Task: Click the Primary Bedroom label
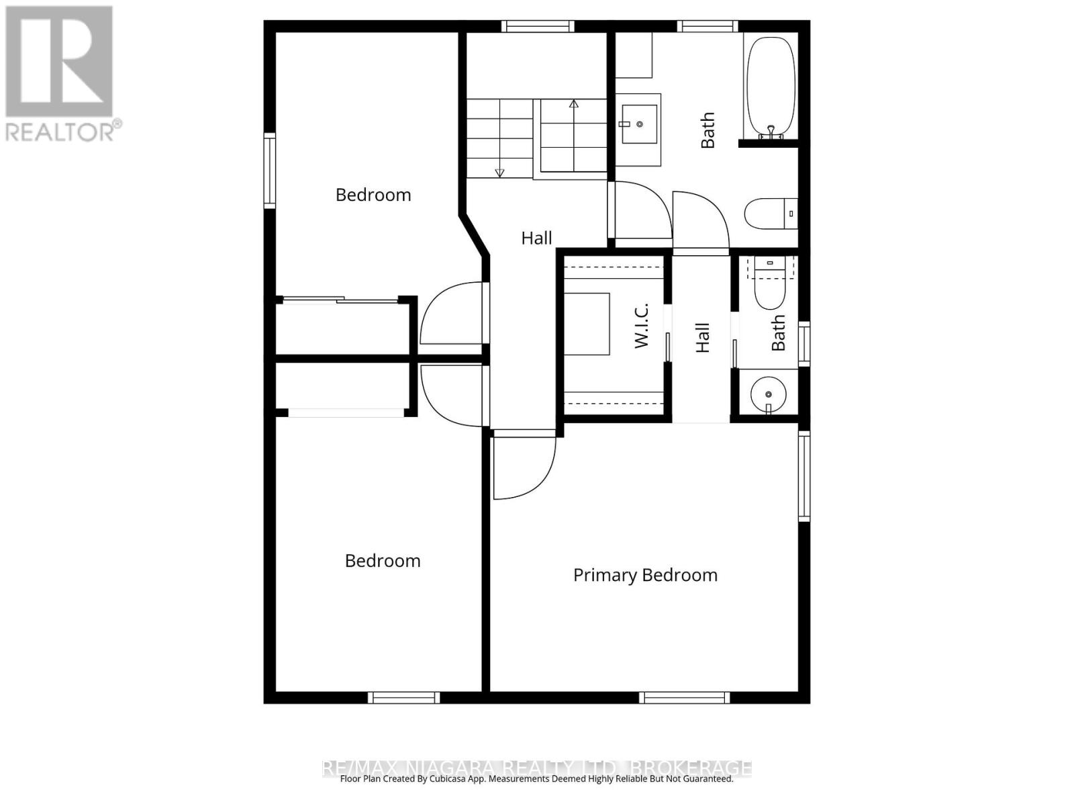coord(645,575)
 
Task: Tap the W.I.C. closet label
coord(642,326)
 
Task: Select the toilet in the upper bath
coord(770,214)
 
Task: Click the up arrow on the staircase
coord(573,105)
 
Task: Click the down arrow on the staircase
coord(499,172)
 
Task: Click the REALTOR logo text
coord(63,131)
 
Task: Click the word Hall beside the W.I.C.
coord(702,338)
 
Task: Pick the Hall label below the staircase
coord(536,238)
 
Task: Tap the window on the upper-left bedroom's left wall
coord(270,169)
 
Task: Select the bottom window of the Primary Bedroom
coord(684,698)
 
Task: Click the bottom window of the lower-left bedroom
coord(403,698)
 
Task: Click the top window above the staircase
coord(538,26)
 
